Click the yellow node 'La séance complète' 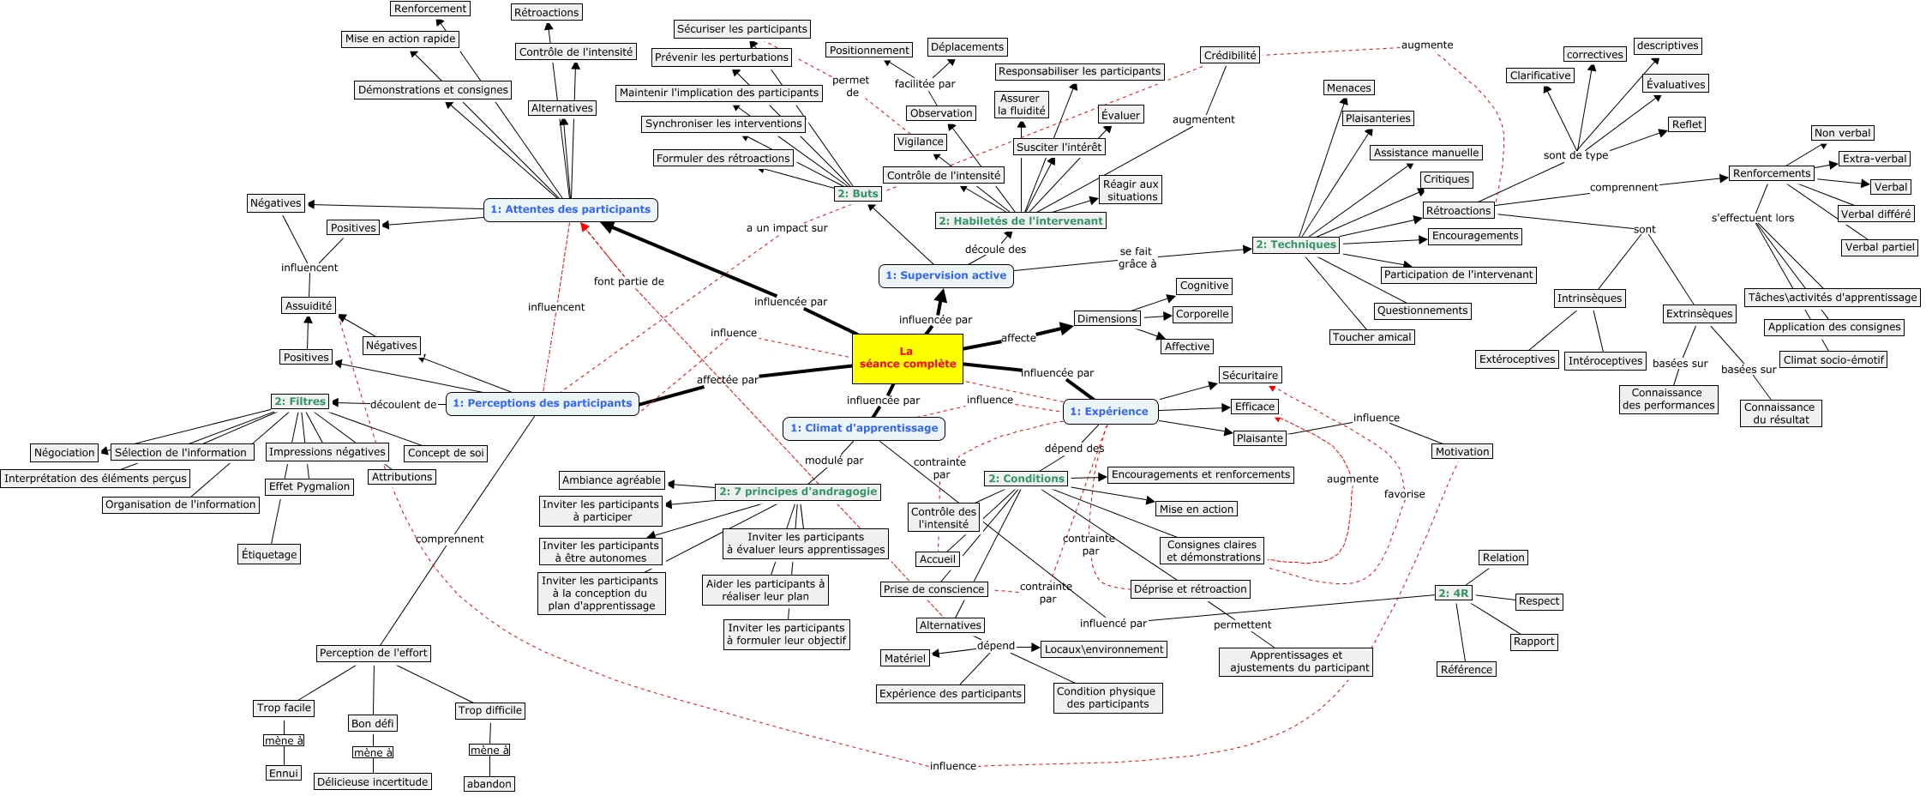click(x=907, y=358)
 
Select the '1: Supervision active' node click(x=945, y=275)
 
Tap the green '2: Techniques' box click(x=1295, y=244)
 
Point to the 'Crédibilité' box click(x=1230, y=56)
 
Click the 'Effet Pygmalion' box click(x=309, y=486)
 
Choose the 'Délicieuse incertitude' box click(x=372, y=781)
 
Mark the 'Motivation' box click(x=1462, y=451)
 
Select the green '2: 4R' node click(x=1453, y=593)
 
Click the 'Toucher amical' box click(x=1371, y=337)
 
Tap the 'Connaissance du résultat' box click(x=1779, y=413)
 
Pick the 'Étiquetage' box click(x=269, y=554)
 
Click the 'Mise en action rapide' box click(x=400, y=39)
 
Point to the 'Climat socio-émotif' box click(x=1833, y=359)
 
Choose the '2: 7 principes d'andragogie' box click(x=798, y=491)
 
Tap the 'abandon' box click(x=489, y=783)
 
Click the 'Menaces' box click(x=1348, y=87)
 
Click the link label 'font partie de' click(x=628, y=281)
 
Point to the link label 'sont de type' click(x=1575, y=155)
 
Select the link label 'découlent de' click(x=403, y=404)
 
